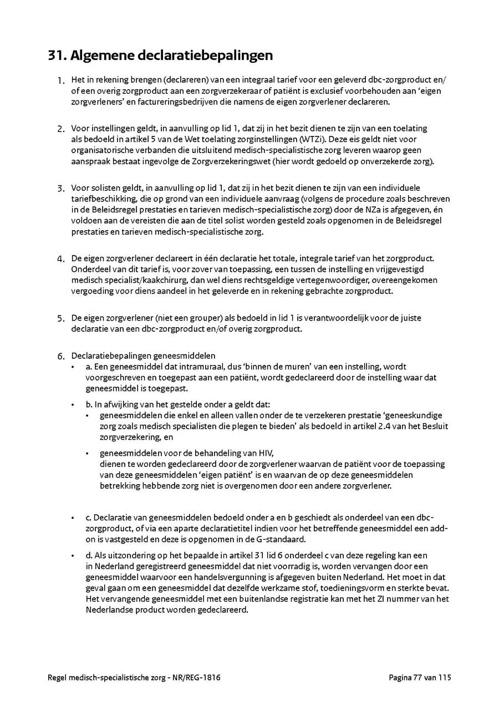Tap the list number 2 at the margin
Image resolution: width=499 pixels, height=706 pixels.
coord(61,129)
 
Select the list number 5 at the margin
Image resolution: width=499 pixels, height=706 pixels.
coord(61,319)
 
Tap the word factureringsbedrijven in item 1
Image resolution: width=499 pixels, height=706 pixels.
coord(176,101)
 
